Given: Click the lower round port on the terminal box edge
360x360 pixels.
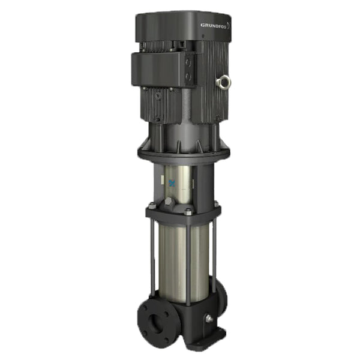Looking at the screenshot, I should point(189,76).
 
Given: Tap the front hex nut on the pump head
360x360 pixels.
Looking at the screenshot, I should point(188,211).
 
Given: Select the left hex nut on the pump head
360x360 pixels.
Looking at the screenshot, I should point(152,206).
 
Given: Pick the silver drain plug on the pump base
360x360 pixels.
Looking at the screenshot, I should point(209,319).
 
